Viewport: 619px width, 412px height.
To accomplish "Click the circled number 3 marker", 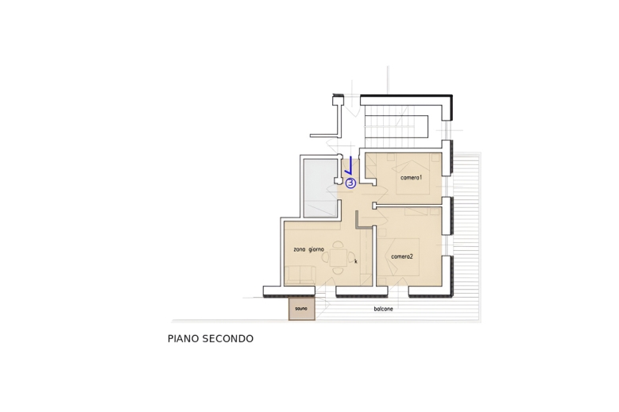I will pos(350,183).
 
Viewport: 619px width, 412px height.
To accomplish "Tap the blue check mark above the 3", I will pos(348,166).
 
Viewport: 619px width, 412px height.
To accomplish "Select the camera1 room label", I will pos(411,177).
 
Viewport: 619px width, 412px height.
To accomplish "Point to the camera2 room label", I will pos(401,256).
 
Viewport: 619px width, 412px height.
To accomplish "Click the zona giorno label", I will pos(308,249).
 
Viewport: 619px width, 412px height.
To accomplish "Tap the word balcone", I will pos(383,309).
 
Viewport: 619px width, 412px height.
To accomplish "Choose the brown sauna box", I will pos(301,308).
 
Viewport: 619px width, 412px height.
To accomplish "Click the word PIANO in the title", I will pos(184,339).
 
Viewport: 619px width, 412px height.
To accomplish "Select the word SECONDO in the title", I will pos(228,339).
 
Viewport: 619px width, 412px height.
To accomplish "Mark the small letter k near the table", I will pos(355,261).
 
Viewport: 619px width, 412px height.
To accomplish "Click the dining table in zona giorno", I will pos(339,258).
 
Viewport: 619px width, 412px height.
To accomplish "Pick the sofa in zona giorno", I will pos(301,275).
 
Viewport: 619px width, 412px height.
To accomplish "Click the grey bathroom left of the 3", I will pos(319,187).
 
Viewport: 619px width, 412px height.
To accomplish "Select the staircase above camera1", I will pos(395,127).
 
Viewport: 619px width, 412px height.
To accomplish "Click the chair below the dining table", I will pos(338,271).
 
